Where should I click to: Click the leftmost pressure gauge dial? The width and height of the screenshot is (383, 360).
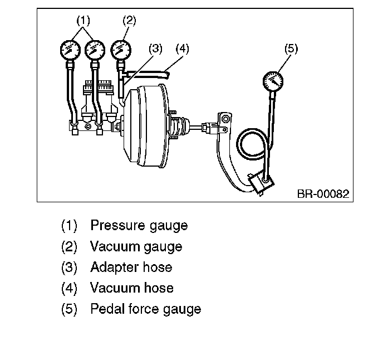tap(70, 50)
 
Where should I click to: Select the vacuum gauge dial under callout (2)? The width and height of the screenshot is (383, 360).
tap(121, 50)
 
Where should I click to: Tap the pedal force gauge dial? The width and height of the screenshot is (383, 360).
tap(273, 81)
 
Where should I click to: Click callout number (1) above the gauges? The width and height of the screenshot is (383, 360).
tap(84, 21)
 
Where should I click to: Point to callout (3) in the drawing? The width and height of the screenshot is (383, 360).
tap(155, 48)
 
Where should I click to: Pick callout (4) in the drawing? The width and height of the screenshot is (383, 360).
tap(182, 48)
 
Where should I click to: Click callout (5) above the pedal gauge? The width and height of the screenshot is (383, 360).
tap(291, 48)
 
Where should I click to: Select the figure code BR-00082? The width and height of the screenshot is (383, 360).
tap(323, 194)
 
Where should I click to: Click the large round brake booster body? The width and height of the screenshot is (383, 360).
tap(146, 126)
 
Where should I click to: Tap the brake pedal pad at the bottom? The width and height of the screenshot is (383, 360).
tap(261, 183)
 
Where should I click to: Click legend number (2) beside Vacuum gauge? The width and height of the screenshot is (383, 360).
tap(69, 246)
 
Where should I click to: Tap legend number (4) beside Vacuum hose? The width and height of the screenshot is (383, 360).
tap(69, 288)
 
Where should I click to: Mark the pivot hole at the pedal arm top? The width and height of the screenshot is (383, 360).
tap(225, 119)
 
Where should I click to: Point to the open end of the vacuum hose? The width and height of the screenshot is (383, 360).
tap(167, 74)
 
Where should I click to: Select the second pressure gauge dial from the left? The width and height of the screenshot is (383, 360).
tap(95, 50)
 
